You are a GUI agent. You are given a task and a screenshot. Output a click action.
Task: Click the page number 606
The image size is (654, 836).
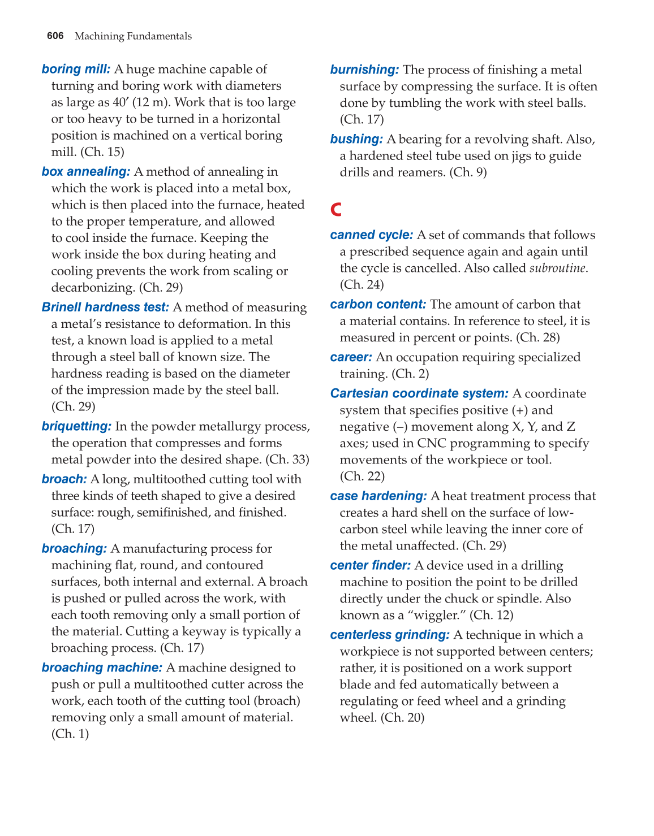[x=55, y=36]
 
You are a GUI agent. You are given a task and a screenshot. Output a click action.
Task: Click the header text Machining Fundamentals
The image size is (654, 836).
[x=133, y=36]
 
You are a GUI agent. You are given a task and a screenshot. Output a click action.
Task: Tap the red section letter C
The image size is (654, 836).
[x=336, y=210]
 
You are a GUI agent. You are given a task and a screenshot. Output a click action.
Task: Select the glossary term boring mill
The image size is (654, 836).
[x=76, y=69]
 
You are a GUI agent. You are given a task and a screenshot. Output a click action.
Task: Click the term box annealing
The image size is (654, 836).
[x=86, y=172]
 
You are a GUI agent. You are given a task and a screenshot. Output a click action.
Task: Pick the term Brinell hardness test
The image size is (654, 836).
[x=105, y=307]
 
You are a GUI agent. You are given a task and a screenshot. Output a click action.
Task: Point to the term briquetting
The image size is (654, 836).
[x=76, y=427]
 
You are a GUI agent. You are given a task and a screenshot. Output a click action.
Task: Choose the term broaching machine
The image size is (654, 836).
[x=102, y=668]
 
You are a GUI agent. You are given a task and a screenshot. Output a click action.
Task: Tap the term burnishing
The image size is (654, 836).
[x=364, y=70]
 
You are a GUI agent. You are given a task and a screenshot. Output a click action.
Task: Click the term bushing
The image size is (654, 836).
[x=356, y=140]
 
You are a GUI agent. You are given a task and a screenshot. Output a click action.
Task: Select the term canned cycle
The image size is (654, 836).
[x=372, y=235]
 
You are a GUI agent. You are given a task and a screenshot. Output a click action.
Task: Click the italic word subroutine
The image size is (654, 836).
[x=557, y=268]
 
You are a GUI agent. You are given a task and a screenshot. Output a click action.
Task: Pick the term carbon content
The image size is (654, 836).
[x=378, y=305]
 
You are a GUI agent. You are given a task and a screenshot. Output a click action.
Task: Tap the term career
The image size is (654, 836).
[x=351, y=358]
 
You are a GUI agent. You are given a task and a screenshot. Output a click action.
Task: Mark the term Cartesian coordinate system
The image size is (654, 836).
[x=419, y=394]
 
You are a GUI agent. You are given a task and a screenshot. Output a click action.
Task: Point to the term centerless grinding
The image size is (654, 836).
[x=390, y=635]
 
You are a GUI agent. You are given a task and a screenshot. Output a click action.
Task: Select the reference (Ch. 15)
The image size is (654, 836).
[x=102, y=152]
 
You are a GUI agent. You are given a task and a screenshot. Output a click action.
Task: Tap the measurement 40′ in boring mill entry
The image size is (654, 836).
[x=120, y=102]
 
